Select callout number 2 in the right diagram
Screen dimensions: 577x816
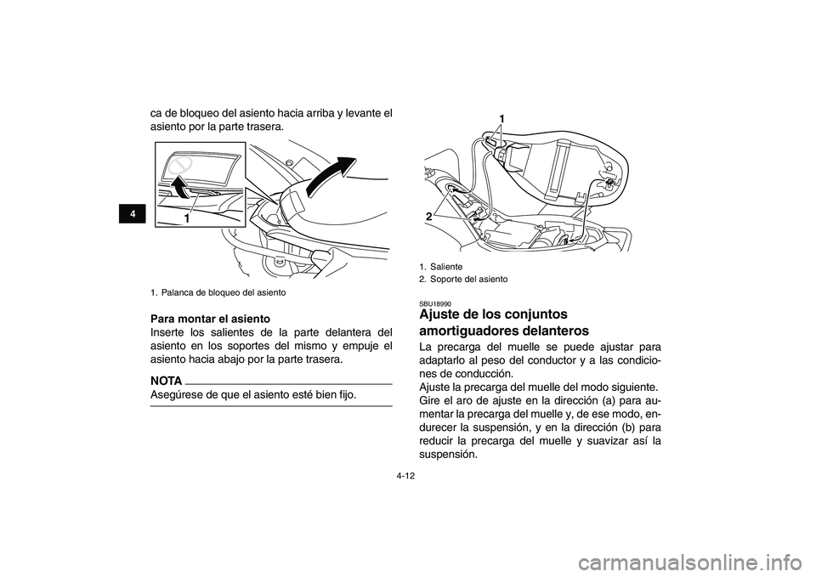[x=430, y=218]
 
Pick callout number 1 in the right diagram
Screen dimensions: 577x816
[x=501, y=116]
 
